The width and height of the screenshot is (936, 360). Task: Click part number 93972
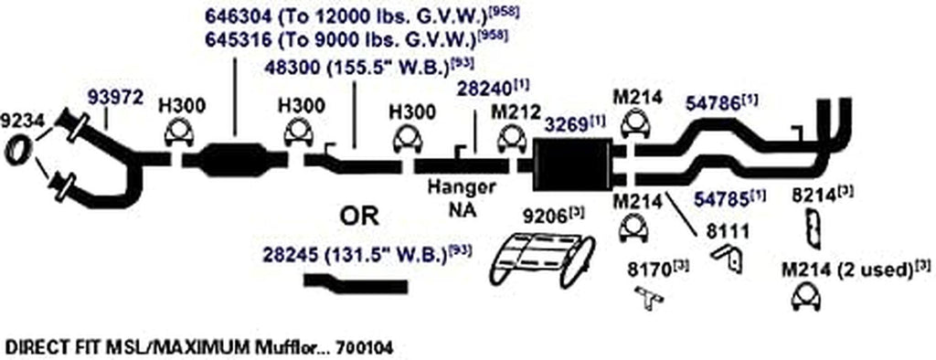[x=115, y=96]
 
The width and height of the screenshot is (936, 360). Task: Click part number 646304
[x=232, y=15]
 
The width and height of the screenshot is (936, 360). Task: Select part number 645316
[x=232, y=38]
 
